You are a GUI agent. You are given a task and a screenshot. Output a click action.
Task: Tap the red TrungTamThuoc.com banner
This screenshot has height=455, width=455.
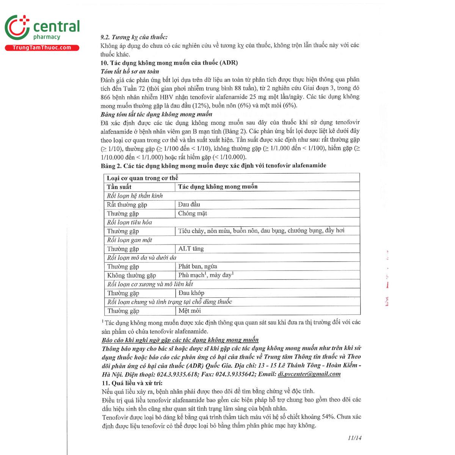[x=42, y=48]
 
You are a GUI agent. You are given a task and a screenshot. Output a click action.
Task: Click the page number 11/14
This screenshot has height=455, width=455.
[x=354, y=438]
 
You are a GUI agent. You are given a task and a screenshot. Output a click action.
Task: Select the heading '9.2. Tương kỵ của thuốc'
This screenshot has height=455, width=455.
[x=134, y=37]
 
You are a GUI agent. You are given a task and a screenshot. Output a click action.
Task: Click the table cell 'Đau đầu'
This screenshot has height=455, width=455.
[x=189, y=204]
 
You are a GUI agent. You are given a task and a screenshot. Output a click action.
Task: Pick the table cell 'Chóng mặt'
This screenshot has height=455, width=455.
[x=193, y=213]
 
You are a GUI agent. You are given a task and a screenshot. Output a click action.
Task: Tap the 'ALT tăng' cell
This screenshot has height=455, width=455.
[x=191, y=249]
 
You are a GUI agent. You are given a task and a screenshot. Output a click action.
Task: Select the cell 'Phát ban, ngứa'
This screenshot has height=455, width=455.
[x=198, y=266]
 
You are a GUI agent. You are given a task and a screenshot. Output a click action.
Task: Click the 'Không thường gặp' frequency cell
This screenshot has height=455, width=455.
[x=131, y=275]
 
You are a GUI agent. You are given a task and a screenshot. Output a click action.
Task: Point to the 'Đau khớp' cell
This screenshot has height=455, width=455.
[x=191, y=293]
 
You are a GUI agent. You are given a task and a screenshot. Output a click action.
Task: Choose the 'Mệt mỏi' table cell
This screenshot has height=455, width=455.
[x=190, y=311]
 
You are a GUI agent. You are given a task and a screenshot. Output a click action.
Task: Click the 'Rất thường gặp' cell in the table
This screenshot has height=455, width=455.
[x=127, y=204]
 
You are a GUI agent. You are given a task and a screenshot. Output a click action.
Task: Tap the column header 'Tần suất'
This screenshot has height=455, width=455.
[x=119, y=187]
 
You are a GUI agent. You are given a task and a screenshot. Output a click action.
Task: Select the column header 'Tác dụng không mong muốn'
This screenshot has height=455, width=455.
[x=218, y=187]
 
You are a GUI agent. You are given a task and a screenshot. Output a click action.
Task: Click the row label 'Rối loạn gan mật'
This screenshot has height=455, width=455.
[x=129, y=240]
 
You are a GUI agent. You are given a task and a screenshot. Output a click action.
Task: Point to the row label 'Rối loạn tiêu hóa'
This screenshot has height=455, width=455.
[x=129, y=222]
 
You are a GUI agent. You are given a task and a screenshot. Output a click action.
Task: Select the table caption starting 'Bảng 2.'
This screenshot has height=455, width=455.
[x=213, y=166]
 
